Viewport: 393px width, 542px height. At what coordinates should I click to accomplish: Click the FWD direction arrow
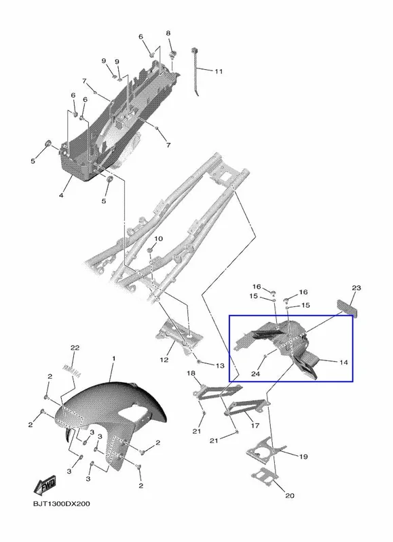coord(44,486)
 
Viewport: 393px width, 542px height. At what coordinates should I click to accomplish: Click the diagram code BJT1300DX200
coord(61,503)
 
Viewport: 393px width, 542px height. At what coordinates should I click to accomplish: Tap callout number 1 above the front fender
coord(114,359)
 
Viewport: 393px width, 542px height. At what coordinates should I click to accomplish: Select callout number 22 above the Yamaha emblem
coord(75,348)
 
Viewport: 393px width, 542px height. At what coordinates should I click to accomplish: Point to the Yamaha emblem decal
coord(72,370)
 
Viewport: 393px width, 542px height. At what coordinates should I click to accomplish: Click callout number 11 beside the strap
coord(219,72)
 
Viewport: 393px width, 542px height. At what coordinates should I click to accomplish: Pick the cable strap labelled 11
coord(194,71)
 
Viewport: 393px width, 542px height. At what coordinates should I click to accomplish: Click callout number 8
coord(168,33)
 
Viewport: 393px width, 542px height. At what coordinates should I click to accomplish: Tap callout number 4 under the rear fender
coord(61,196)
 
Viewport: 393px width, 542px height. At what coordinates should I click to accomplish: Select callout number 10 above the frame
coord(158,239)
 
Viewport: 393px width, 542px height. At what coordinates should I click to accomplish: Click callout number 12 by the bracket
coord(164,360)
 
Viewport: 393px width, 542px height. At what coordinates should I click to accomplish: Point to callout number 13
coord(220,366)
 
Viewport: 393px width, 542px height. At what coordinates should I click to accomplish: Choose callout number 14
coord(343,362)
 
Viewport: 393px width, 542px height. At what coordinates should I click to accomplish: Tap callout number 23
coord(356,288)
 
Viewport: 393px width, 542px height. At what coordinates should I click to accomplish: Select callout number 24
coord(255,374)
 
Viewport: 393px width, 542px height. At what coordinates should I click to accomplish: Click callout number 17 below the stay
coord(255,425)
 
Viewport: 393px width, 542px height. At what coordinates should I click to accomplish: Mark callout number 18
coord(191,373)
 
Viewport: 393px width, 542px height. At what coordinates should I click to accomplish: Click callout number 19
coord(303,457)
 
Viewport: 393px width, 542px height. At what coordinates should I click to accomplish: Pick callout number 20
coord(289,496)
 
